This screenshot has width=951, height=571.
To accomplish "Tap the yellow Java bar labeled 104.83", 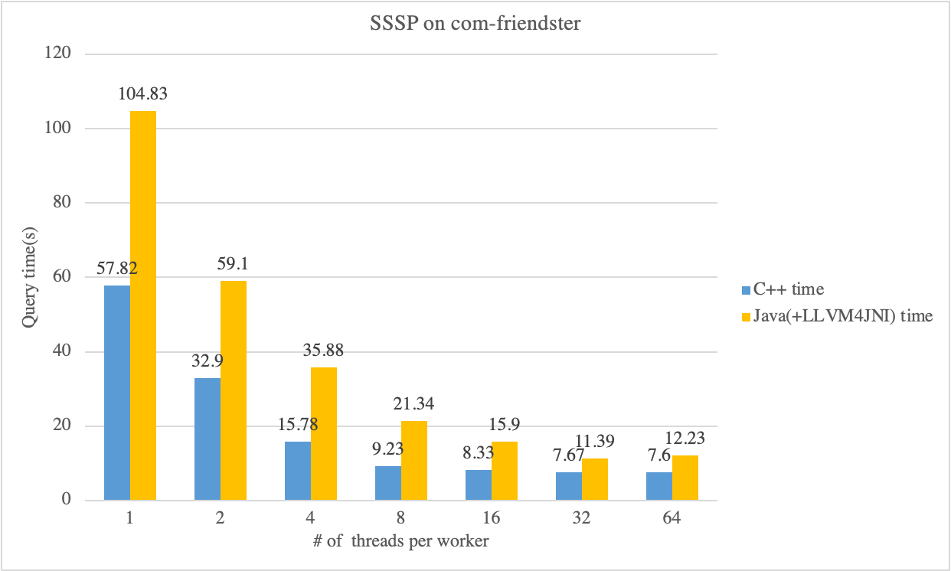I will coord(143,306).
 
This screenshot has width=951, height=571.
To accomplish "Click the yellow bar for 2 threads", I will coord(234,390).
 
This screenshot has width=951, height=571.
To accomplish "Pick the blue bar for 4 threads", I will coord(297,471).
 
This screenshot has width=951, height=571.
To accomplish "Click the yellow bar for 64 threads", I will coord(685,478).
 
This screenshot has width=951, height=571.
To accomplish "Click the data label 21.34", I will coord(413,404).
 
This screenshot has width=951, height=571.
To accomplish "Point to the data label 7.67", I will coord(567,456).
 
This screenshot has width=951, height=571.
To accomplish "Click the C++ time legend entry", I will coord(781,289).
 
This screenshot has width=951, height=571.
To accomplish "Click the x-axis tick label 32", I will coord(581,518).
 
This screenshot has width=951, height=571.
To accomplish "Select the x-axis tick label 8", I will coord(400,518).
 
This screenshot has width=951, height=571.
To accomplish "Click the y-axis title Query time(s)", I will coord(29,277).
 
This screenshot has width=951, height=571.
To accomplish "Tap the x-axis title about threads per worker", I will coord(400,542).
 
